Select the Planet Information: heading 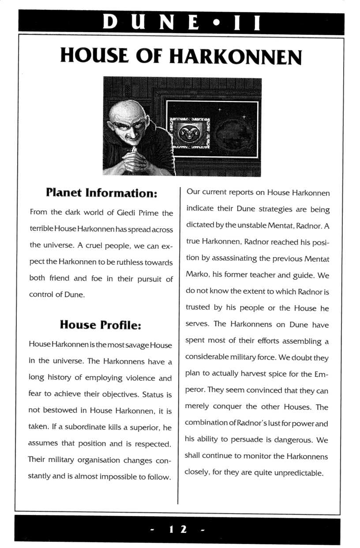point(101,193)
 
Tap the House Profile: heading point(101,325)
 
